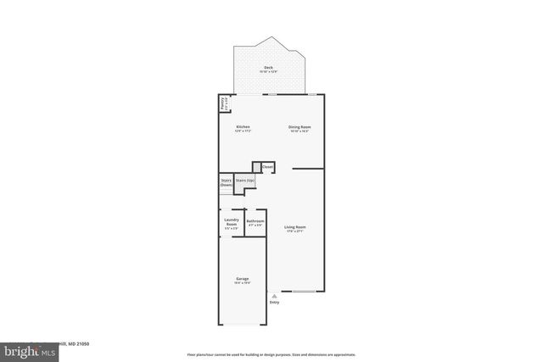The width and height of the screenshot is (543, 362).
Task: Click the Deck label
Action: tap(268, 66)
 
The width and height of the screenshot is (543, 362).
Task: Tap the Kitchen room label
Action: tap(243, 126)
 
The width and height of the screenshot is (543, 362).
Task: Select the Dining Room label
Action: tap(299, 126)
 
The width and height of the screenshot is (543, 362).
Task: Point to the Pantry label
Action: tap(223, 103)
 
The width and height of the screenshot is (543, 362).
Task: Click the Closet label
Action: tap(267, 167)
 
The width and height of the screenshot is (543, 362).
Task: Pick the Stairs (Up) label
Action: tap(244, 181)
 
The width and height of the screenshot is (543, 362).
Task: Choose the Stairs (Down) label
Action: tap(227, 181)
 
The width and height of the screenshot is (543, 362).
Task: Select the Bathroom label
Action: tap(255, 221)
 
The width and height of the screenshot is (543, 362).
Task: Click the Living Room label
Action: tap(295, 227)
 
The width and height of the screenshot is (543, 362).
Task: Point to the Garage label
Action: tap(242, 279)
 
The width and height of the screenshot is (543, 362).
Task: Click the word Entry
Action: tap(274, 302)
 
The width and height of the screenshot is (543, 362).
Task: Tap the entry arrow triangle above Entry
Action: tap(273, 294)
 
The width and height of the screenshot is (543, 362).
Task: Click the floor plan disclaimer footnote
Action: tap(271, 354)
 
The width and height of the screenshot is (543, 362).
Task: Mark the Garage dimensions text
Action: tap(242, 283)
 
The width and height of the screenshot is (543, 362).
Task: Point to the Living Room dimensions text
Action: tap(295, 231)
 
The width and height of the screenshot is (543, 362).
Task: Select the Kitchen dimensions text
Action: tap(243, 131)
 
